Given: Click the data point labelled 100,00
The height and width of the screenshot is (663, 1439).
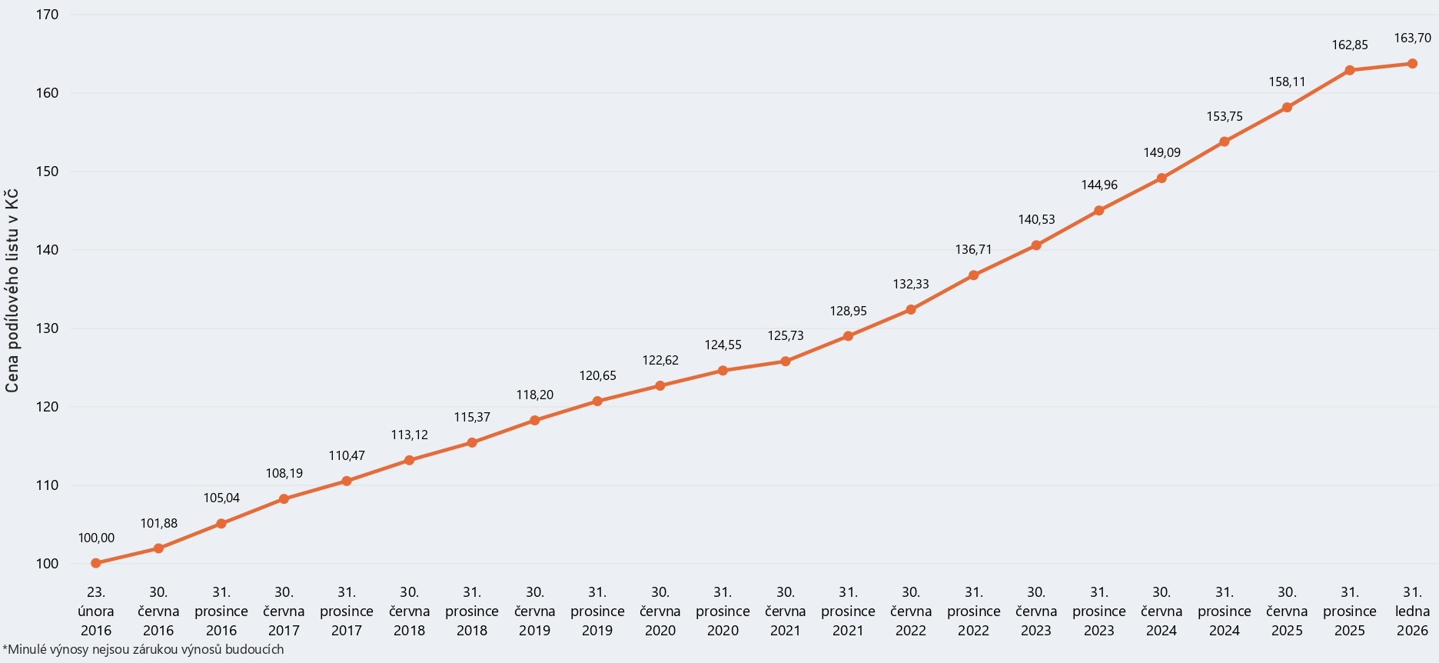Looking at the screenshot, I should point(96,563).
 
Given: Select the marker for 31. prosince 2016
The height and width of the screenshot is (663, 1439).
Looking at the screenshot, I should point(221,524).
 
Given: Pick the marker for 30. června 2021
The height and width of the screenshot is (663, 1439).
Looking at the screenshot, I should point(786,361).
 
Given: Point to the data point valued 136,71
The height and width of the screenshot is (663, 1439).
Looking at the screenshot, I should point(974,275).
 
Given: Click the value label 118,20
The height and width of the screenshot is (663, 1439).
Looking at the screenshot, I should point(535,395).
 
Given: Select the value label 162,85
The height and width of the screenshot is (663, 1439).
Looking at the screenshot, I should point(1350,45).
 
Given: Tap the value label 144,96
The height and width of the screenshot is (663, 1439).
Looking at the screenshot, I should point(1099,185).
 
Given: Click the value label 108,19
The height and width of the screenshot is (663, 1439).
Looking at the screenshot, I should point(284,474).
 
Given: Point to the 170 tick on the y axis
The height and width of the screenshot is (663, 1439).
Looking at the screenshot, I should point(48,15).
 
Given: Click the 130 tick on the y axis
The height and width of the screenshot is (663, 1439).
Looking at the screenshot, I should point(48,328).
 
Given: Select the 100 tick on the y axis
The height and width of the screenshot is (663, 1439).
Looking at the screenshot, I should point(48,564).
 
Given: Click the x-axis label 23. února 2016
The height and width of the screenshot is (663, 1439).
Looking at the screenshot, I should point(96,611).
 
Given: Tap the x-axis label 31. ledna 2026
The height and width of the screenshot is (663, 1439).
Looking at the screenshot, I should point(1412,611).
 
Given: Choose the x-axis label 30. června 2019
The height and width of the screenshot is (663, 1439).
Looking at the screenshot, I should point(535,611).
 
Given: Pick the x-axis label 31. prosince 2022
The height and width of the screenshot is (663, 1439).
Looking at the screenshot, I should point(974,611).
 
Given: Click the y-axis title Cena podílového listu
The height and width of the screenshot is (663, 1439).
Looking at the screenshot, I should point(12,291).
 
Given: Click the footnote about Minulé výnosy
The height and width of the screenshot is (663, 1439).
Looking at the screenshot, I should point(144,650).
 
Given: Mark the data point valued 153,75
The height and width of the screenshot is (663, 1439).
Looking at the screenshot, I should point(1225,142).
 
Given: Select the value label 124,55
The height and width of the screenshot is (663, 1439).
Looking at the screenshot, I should point(723,345).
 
